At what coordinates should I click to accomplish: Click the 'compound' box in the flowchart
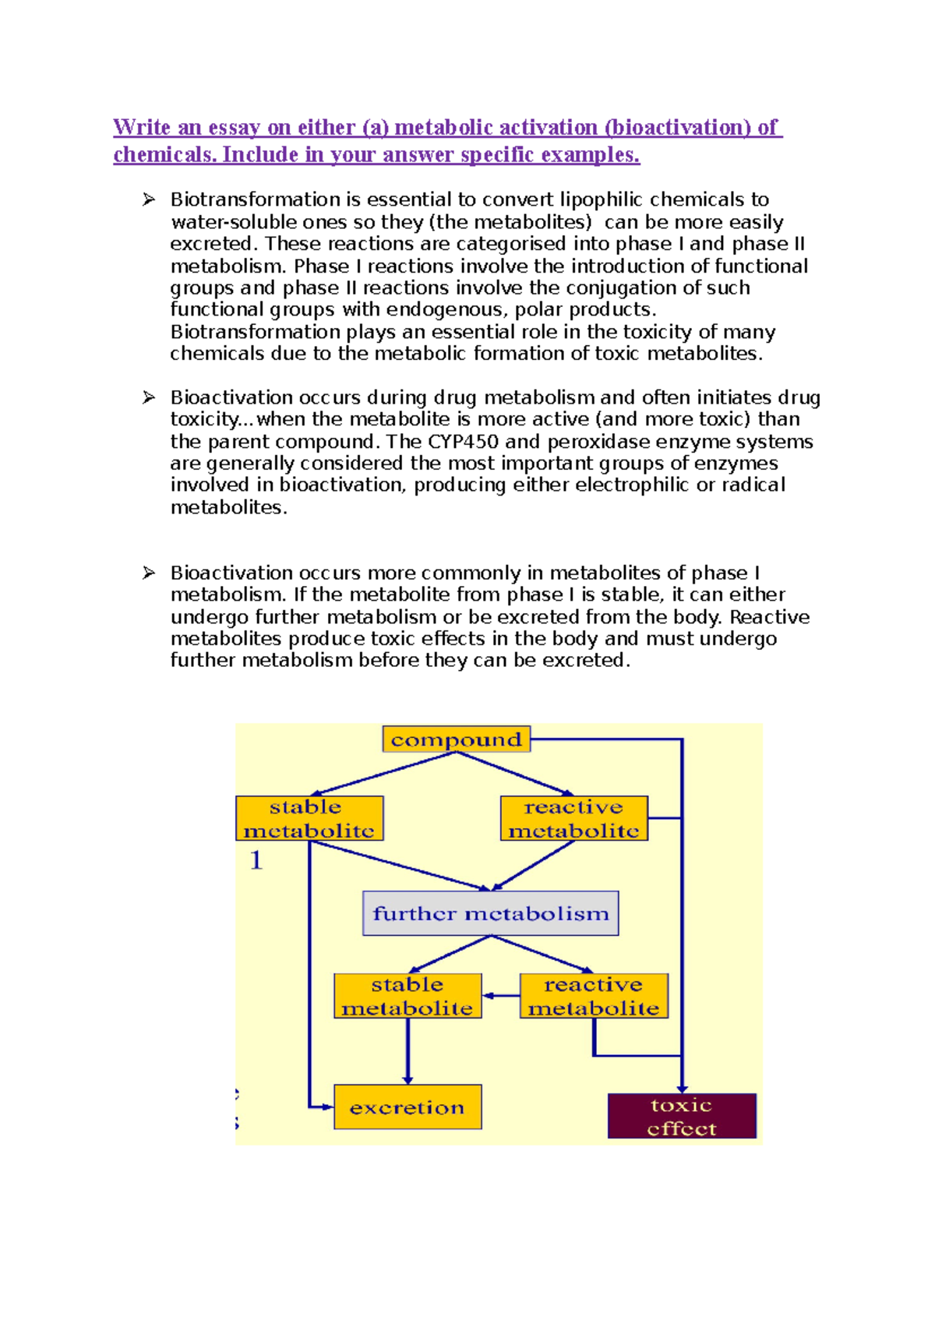[456, 739]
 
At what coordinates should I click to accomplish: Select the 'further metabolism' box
[490, 913]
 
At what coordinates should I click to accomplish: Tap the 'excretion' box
[407, 1107]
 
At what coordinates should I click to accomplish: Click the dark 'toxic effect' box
[681, 1117]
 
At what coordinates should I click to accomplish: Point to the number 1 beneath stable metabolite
[256, 861]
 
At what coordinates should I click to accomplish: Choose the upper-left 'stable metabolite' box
[309, 818]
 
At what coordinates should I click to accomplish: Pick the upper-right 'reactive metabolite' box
[573, 818]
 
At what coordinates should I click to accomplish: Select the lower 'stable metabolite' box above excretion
[407, 996]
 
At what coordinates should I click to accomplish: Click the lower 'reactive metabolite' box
[593, 996]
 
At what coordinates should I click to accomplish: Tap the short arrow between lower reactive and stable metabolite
[500, 996]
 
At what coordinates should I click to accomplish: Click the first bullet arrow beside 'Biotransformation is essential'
[149, 200]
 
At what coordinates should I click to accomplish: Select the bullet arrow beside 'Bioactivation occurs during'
[149, 398]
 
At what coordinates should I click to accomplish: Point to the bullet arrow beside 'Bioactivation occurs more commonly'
[149, 573]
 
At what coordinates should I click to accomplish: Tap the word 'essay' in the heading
[234, 128]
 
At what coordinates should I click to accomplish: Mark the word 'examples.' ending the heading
[590, 155]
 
